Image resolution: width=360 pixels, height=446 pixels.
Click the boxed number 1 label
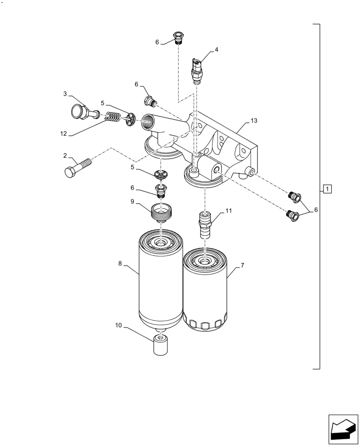[327, 189]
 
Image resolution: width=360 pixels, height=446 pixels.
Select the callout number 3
[65, 94]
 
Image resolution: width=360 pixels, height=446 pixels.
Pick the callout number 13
[254, 121]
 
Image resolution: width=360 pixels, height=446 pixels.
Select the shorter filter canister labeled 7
[205, 290]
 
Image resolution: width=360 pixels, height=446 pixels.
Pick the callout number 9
[132, 202]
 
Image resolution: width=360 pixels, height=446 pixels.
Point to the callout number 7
[242, 266]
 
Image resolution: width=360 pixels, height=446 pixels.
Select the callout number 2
[65, 156]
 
